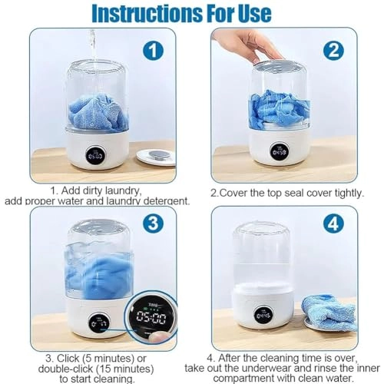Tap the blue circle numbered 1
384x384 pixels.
[x=153, y=51]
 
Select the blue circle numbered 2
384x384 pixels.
[x=334, y=51]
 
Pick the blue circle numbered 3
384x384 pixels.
[x=154, y=223]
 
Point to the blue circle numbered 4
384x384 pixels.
[x=334, y=223]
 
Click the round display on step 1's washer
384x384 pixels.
[x=96, y=153]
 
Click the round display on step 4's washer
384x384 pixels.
[x=263, y=314]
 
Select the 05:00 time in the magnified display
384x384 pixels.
[x=151, y=317]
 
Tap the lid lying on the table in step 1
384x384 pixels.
[x=156, y=157]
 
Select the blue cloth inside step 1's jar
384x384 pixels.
[x=98, y=112]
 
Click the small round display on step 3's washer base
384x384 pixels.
[x=99, y=324]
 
